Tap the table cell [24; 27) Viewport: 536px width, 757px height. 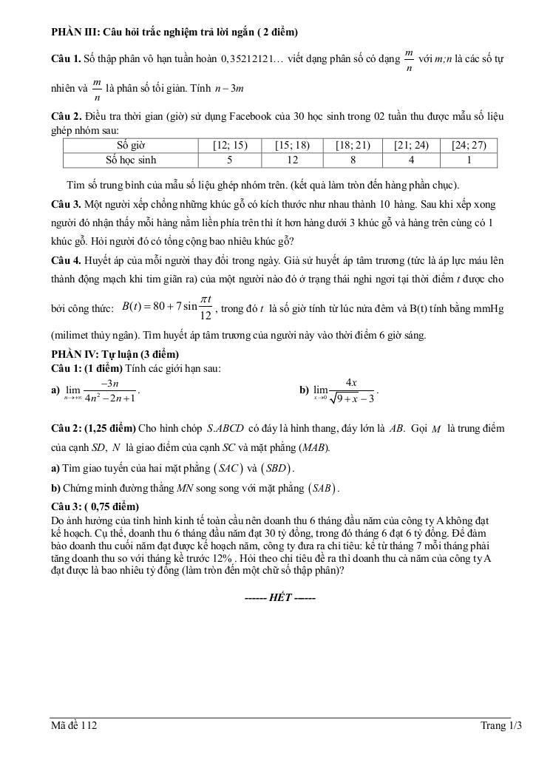pyautogui.click(x=469, y=145)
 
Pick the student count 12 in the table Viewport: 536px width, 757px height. pyautogui.click(x=291, y=160)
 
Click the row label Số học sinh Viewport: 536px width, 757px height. pyautogui.click(x=132, y=160)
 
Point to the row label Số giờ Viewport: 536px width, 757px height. pyautogui.click(x=132, y=145)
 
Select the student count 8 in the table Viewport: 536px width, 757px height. pyautogui.click(x=352, y=160)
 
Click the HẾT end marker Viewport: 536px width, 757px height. pyautogui.click(x=279, y=597)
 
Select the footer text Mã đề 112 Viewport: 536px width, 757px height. pyautogui.click(x=74, y=727)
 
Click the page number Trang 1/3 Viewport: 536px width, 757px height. pyautogui.click(x=501, y=727)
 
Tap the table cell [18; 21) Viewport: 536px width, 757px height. pyautogui.click(x=352, y=145)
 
